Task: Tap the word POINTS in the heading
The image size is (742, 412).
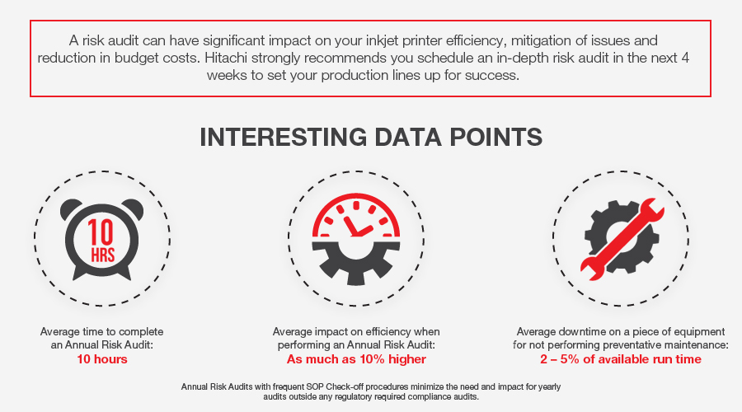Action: tap(495, 137)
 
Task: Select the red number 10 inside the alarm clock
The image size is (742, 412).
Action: tap(101, 232)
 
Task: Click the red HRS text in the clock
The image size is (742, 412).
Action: tap(103, 255)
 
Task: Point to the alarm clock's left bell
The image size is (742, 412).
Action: tap(70, 209)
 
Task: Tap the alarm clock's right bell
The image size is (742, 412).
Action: tap(133, 209)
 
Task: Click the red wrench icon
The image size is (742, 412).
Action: tap(622, 239)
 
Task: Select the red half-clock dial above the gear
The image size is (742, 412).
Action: tap(356, 215)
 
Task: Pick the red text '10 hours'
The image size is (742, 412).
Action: tap(102, 359)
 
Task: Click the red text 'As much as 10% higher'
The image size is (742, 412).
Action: tap(356, 359)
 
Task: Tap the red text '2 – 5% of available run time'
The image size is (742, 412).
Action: tap(621, 359)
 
